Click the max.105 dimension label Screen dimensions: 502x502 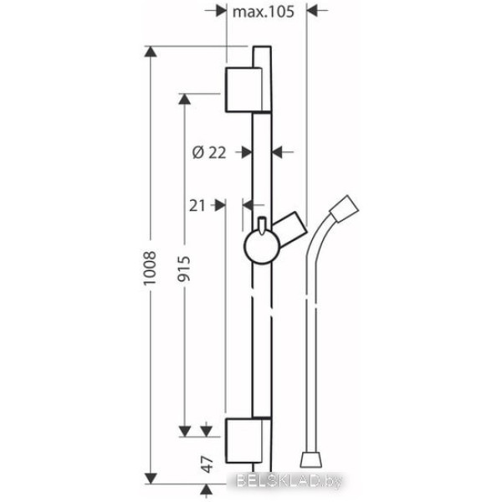tap(264, 13)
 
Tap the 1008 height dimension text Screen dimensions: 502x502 tap(150, 268)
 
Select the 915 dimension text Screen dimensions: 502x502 tap(184, 269)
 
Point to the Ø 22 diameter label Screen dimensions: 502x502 tap(209, 152)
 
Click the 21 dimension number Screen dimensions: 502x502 tap(197, 206)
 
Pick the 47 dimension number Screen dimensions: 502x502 tap(207, 465)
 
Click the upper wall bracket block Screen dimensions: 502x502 tap(244, 90)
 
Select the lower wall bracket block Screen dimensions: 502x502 tap(244, 441)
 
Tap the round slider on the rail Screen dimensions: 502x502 tap(262, 247)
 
